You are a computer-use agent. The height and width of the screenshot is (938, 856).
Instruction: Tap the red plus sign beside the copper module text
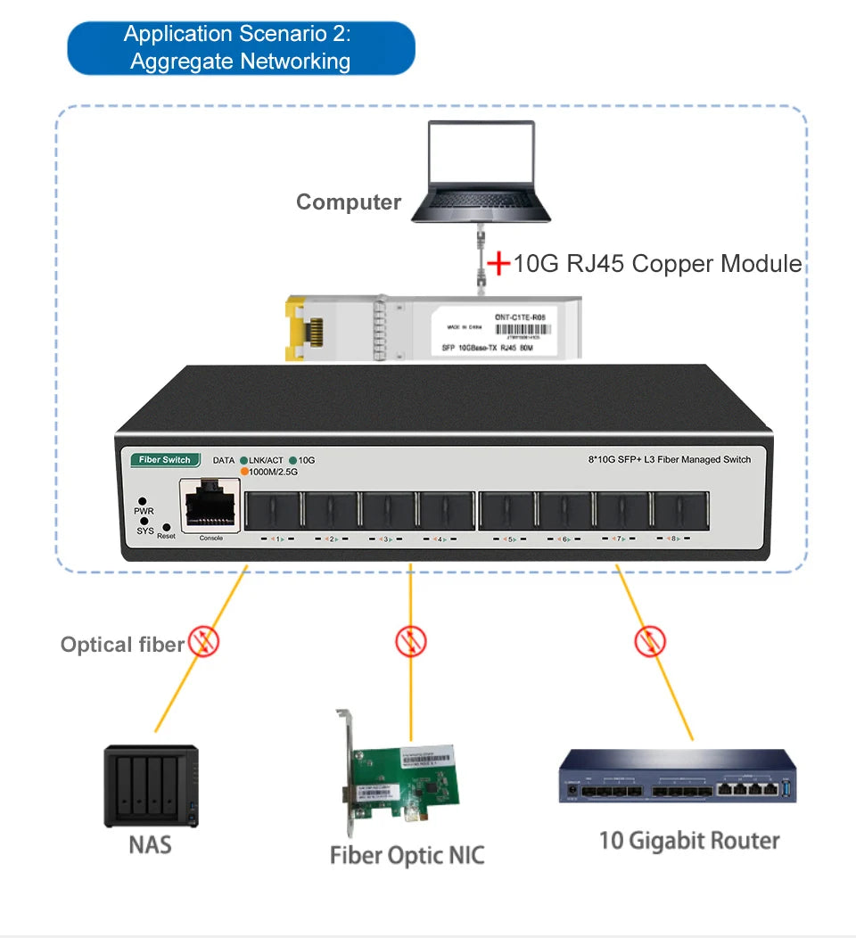[x=498, y=264]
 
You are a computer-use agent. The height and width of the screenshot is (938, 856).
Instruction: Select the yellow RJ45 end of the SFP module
[x=304, y=331]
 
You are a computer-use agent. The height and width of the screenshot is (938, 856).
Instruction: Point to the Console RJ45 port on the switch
[x=211, y=506]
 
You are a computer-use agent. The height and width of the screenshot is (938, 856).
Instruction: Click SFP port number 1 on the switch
[x=273, y=509]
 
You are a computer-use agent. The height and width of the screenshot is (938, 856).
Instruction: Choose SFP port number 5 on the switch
[x=506, y=509]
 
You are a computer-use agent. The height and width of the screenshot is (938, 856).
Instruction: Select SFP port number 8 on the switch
[x=680, y=509]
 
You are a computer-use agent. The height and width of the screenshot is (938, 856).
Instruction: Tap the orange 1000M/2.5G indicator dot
[x=244, y=472]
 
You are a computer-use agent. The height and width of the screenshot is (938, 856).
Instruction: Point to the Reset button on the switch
[x=166, y=528]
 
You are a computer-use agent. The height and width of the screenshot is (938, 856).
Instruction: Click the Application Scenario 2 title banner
[x=241, y=47]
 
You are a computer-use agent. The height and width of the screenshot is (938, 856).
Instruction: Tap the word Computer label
[x=349, y=202]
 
